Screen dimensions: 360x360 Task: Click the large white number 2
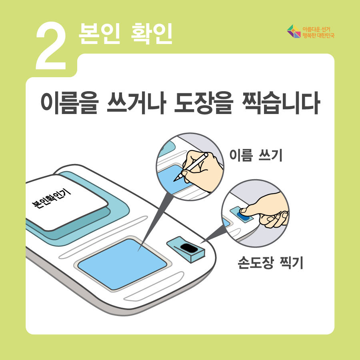point(51,46)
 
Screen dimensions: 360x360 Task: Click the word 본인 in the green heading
point(99,34)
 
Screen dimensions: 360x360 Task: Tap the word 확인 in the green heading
point(152,34)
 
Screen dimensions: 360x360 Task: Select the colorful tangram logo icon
point(294,31)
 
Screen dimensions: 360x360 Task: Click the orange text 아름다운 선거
point(316,29)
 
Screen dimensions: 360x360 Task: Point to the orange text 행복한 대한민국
point(318,35)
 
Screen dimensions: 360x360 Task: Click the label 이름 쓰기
point(256,155)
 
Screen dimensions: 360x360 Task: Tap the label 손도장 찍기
point(270,262)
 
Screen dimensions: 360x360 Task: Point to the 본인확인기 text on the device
point(51,198)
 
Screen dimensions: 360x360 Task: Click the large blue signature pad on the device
point(122,264)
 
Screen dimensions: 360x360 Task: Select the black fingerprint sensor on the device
point(189,248)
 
